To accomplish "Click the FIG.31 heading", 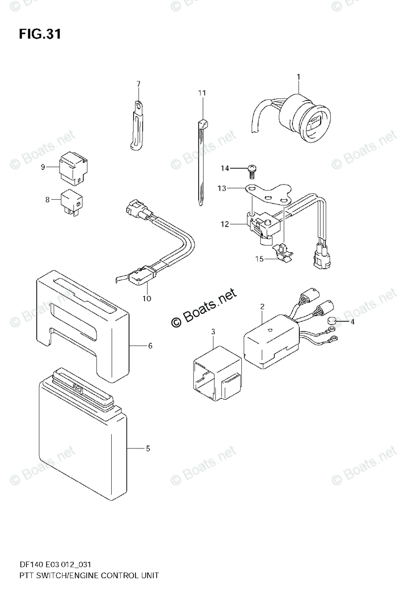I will tap(40, 34).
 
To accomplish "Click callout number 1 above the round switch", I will tap(298, 76).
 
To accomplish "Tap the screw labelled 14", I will tap(251, 170).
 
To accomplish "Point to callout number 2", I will tap(262, 307).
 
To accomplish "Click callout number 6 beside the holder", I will tap(149, 346).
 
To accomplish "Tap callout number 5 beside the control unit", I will tap(147, 449).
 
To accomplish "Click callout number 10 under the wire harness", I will tap(146, 298).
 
